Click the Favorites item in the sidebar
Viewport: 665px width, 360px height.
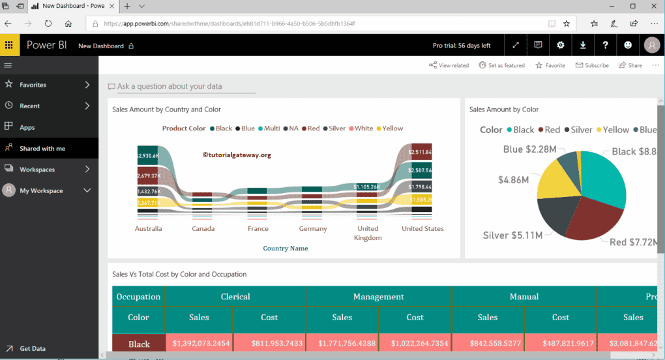tap(33, 85)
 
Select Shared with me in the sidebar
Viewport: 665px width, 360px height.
tap(42, 149)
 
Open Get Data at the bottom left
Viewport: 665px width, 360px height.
tap(33, 349)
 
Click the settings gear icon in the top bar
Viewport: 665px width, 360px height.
tap(560, 45)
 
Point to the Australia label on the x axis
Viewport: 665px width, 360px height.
tap(149, 229)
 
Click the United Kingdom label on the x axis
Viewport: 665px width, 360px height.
tap(368, 233)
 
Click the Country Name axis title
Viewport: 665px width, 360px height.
tap(286, 248)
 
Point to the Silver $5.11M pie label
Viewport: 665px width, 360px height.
tap(512, 235)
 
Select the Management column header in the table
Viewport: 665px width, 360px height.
tap(378, 297)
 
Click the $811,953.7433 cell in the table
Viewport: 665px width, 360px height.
tap(269, 344)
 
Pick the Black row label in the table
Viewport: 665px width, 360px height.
tap(139, 344)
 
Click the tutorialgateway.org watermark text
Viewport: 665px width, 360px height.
tap(237, 155)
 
